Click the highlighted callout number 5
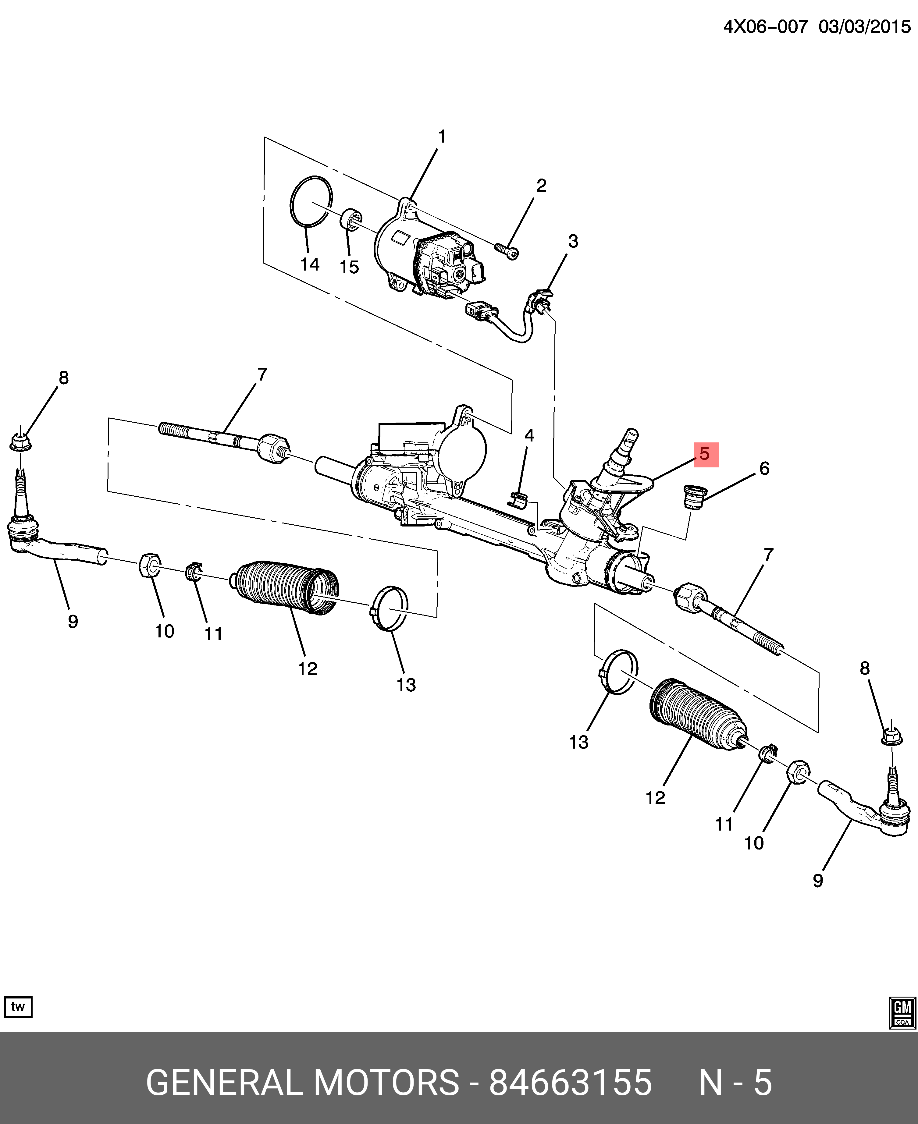(x=706, y=454)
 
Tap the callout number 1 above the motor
(x=442, y=137)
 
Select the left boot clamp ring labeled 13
(x=389, y=608)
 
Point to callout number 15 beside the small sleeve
(x=349, y=267)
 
